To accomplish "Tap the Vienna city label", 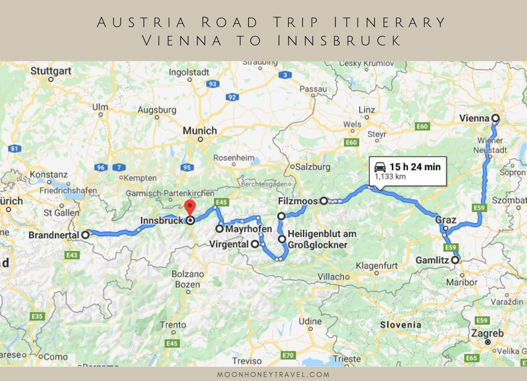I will pyautogui.click(x=474, y=118).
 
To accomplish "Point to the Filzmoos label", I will pyautogui.click(x=298, y=201).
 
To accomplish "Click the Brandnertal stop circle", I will pyautogui.click(x=85, y=235).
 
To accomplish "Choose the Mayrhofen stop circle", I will pyautogui.click(x=219, y=229).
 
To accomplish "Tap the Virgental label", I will pyautogui.click(x=229, y=244).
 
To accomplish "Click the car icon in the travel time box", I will pyautogui.click(x=380, y=167).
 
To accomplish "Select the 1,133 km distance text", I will pyautogui.click(x=390, y=177).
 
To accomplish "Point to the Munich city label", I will pyautogui.click(x=200, y=131).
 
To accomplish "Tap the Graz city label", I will pyautogui.click(x=445, y=220).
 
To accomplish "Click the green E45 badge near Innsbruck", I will pyautogui.click(x=221, y=202).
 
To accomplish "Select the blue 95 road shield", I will pyautogui.click(x=187, y=167).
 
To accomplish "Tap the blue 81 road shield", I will pyautogui.click(x=14, y=149).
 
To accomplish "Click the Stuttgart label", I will pyautogui.click(x=51, y=71).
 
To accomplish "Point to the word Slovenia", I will pyautogui.click(x=400, y=325).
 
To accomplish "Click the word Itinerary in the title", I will pyautogui.click(x=389, y=23).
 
